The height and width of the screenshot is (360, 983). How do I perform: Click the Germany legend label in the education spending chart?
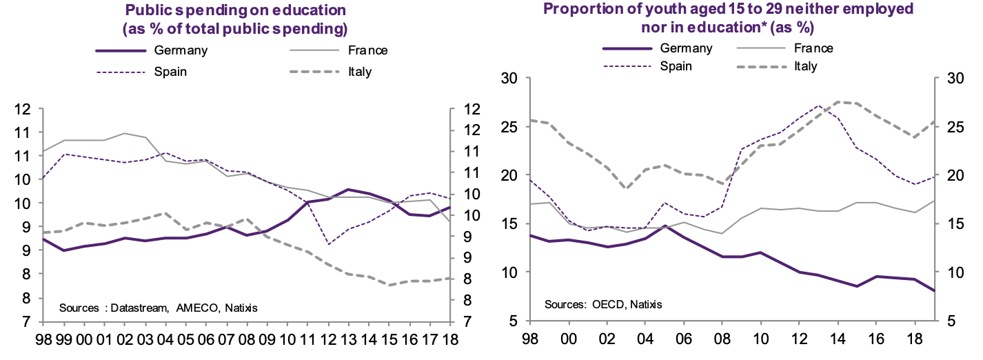pyautogui.click(x=181, y=50)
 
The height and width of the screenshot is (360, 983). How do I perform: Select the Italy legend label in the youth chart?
pyautogui.click(x=805, y=66)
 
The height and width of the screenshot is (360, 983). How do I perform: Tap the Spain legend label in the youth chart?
pyautogui.click(x=676, y=66)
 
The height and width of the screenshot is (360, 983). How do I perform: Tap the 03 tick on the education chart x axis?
pyautogui.click(x=145, y=340)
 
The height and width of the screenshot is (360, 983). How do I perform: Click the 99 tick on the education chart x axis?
pyautogui.click(x=63, y=340)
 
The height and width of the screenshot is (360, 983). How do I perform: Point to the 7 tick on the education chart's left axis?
pyautogui.click(x=27, y=322)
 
